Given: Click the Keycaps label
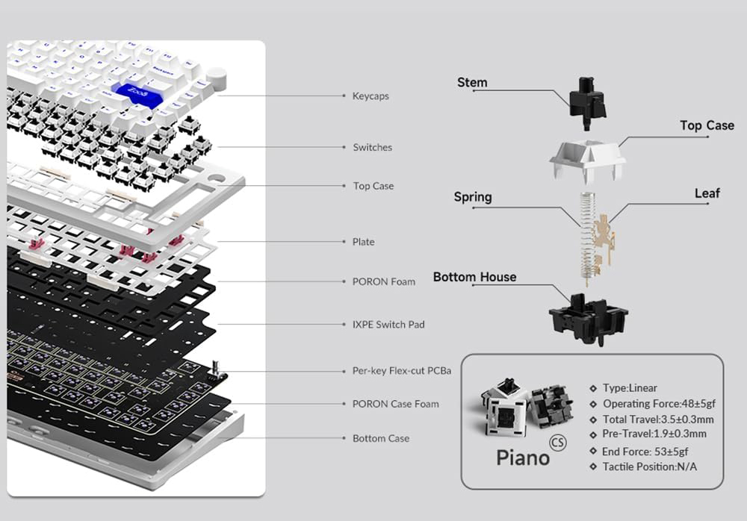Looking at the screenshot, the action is point(371,96).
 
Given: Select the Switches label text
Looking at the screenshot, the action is point(373,148).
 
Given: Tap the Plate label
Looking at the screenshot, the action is point(364,242).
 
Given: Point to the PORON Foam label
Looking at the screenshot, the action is point(383,282).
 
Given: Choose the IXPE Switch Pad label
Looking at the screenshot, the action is point(388,325).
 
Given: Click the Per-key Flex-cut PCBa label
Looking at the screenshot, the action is point(402,371).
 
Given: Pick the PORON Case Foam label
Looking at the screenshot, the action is point(395,405).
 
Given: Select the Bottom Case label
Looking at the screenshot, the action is point(381,439).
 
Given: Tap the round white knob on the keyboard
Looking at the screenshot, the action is point(217,77).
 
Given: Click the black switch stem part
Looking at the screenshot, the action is point(588,102).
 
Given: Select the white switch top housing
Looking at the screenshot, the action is point(587,161).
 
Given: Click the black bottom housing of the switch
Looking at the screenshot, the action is point(589,318).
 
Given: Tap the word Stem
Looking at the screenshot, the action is point(472,82).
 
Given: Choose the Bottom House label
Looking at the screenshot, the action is point(474,277).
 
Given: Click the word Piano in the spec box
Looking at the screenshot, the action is point(523,458).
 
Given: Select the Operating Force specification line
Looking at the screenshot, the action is point(659,404).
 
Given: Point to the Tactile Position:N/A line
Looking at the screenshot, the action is point(649,467).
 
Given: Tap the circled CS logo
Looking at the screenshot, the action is point(558,443).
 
